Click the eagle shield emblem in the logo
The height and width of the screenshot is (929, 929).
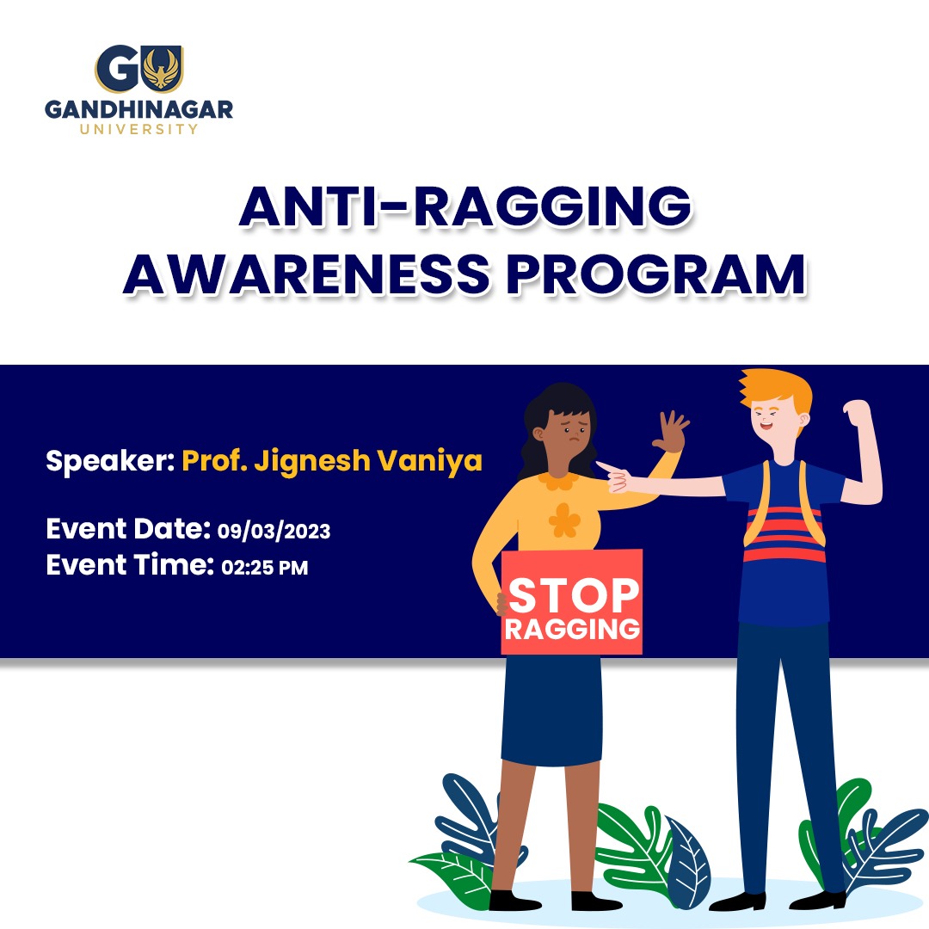point(162,69)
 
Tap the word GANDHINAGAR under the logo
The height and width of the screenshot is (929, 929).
point(139,109)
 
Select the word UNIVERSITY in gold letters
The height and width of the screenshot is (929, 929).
point(139,129)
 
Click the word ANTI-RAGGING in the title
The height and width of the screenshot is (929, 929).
point(465,206)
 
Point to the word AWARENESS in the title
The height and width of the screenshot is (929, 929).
point(306,274)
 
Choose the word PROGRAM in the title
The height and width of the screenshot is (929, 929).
point(655,274)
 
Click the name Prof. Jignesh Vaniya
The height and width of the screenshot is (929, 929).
point(332,461)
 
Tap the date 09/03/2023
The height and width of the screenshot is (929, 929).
point(274,531)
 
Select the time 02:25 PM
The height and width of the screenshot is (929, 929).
point(265,568)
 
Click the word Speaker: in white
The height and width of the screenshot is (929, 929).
point(110,461)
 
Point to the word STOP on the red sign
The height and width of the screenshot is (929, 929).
point(574,595)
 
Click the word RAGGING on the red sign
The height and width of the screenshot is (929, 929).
point(572,629)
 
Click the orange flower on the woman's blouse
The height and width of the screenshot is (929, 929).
point(564,520)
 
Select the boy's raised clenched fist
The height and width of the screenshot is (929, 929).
point(856,412)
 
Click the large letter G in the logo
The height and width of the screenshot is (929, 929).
point(117,69)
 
